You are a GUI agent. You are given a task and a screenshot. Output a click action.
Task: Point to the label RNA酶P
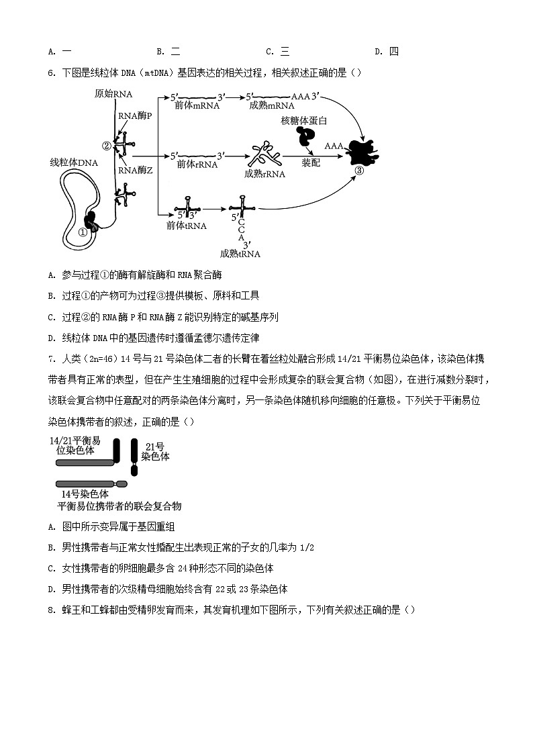(x=135, y=115)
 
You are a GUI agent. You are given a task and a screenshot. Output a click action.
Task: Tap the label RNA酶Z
(x=136, y=171)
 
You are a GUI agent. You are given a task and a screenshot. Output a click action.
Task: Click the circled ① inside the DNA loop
(x=83, y=232)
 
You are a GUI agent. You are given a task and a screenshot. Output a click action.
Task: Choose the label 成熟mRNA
(x=271, y=105)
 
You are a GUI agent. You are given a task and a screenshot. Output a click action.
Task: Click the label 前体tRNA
(x=186, y=226)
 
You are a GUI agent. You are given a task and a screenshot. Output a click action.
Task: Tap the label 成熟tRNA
(x=240, y=254)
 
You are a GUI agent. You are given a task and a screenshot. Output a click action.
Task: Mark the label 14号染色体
(x=85, y=493)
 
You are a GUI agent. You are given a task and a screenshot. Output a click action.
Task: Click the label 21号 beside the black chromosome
(x=155, y=446)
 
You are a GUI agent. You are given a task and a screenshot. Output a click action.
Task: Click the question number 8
(x=51, y=610)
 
